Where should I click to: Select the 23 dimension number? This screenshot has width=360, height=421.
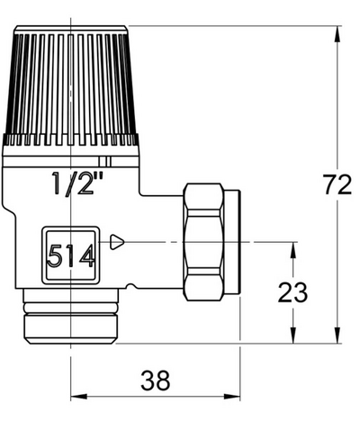292,292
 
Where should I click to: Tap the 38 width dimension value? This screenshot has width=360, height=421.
155,381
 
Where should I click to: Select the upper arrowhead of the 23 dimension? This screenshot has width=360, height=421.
292,248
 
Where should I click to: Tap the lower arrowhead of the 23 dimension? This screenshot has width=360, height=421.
292,335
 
